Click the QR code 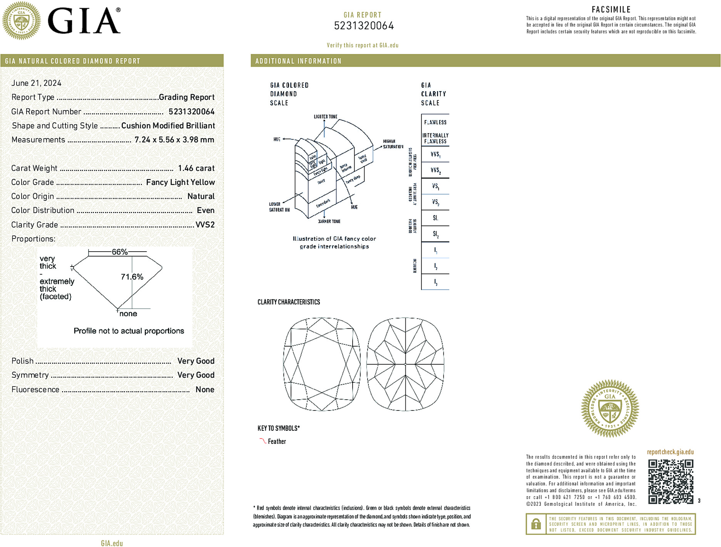(x=671, y=482)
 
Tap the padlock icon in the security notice (x=536, y=524)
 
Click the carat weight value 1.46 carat (x=196, y=168)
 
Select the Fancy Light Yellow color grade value (x=180, y=182)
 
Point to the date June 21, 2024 (x=36, y=83)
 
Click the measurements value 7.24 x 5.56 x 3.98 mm (x=174, y=140)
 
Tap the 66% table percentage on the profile (x=119, y=252)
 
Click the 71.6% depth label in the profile (x=132, y=277)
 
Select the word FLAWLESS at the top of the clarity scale (x=435, y=122)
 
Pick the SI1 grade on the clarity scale (x=435, y=218)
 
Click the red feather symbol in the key (x=263, y=441)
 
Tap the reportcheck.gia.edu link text (x=670, y=452)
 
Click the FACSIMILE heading (x=611, y=10)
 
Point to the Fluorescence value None (x=205, y=389)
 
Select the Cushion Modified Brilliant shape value (x=168, y=126)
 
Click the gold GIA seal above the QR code (x=610, y=409)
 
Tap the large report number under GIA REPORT (x=363, y=26)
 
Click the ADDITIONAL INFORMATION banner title (x=298, y=61)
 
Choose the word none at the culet (x=128, y=314)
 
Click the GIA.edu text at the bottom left (x=112, y=543)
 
